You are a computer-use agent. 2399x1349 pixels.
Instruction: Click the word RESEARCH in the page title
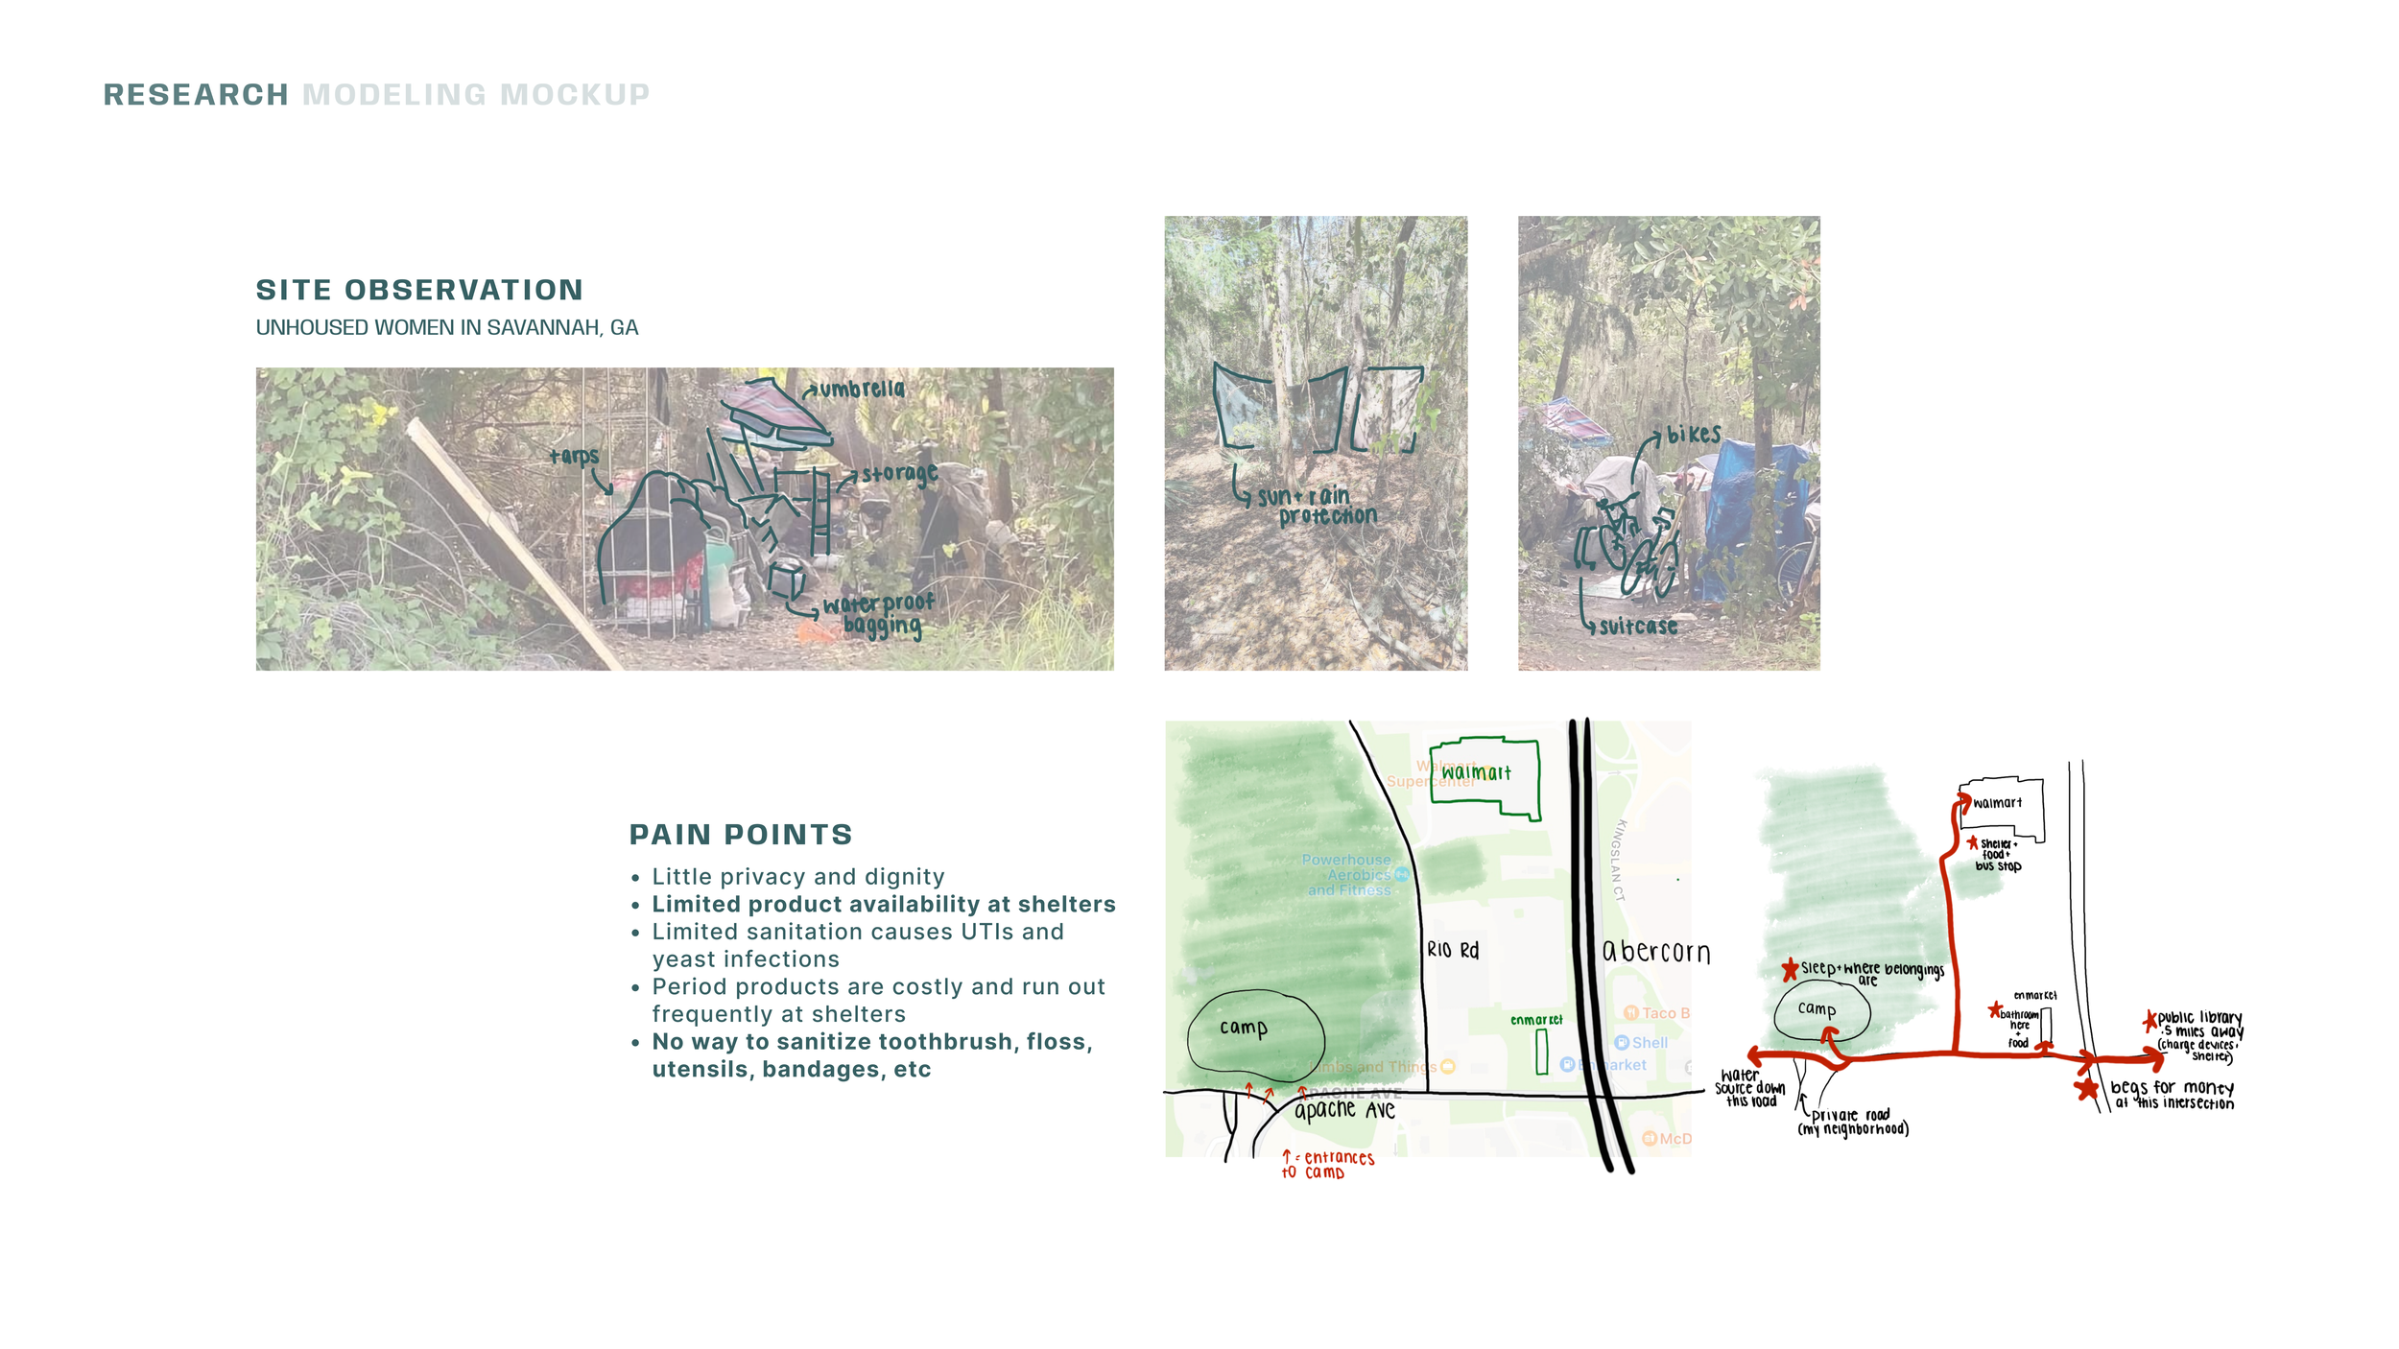(196, 95)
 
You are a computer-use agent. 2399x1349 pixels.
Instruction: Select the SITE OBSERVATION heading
(419, 290)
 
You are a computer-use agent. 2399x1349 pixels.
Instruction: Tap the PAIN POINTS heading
(740, 835)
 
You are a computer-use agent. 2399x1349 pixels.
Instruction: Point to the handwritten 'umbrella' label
(861, 390)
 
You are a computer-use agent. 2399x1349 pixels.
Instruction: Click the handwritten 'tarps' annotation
(574, 457)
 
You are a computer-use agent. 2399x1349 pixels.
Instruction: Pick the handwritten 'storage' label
(899, 474)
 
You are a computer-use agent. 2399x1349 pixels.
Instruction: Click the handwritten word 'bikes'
(1694, 435)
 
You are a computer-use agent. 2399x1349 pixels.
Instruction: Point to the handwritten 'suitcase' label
(1638, 627)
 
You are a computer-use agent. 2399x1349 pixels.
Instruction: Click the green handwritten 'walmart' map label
(1476, 772)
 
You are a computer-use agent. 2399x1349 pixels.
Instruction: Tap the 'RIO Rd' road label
(1453, 950)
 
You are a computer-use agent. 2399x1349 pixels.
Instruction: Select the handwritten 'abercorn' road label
(1656, 952)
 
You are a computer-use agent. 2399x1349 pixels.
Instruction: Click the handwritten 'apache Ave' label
(1344, 1110)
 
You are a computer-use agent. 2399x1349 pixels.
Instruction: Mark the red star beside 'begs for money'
(2086, 1089)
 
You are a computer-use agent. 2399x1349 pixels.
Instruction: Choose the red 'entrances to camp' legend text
(1333, 1165)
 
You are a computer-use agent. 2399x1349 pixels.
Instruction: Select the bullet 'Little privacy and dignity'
(797, 877)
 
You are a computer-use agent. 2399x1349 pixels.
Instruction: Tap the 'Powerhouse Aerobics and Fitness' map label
(1348, 875)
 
